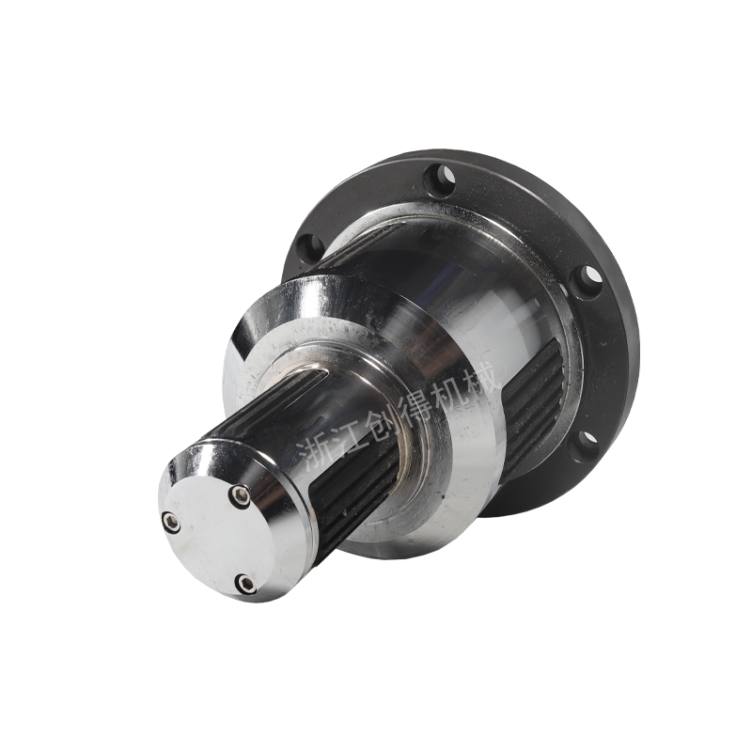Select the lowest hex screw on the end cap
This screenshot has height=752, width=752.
(244, 582)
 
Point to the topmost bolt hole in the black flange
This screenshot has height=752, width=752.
(441, 179)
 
